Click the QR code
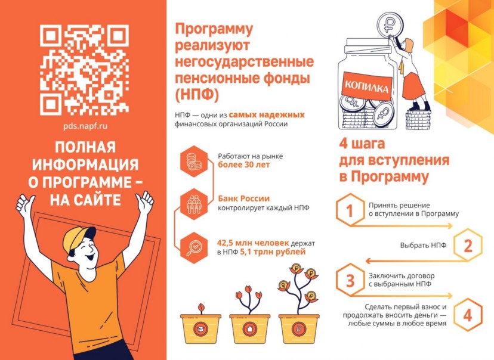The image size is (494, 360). [x=84, y=70]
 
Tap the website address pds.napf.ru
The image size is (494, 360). [x=85, y=126]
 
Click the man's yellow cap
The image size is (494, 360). [x=78, y=238]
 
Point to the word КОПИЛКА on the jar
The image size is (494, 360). [x=366, y=86]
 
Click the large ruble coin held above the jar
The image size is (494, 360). [x=391, y=24]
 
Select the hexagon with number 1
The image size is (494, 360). [x=350, y=210]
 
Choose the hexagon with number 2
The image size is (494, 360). [x=468, y=245]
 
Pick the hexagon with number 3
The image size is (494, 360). [x=350, y=280]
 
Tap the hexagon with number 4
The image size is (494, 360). [x=468, y=315]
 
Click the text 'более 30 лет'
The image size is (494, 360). [x=244, y=165]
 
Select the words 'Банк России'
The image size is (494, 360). [x=243, y=198]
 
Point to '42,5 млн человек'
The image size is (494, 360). [x=253, y=243]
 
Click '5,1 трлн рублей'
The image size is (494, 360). [x=273, y=252]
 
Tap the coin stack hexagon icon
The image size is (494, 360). [x=194, y=162]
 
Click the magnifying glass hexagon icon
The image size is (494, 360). [x=194, y=248]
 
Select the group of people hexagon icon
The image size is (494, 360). [x=194, y=204]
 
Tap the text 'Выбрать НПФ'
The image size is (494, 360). [x=423, y=245]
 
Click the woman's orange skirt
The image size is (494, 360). [x=413, y=85]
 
